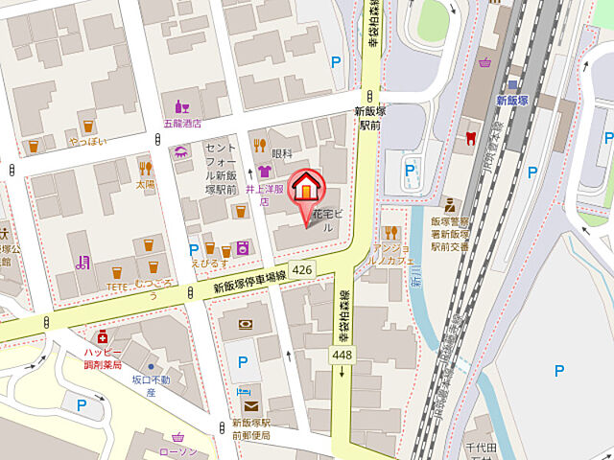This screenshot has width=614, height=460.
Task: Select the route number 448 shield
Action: coord(342,356)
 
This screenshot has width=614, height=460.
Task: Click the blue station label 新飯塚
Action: coord(512,100)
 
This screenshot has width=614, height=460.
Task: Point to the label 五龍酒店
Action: coord(181,123)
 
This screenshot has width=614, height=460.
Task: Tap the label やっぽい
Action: coord(87,141)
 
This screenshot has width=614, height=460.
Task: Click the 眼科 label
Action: coord(281,152)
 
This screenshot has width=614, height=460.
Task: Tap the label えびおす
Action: coord(208,262)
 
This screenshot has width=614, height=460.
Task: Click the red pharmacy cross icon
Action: coord(102,336)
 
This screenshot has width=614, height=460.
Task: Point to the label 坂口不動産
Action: coord(151,385)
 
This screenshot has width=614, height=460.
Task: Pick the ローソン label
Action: coord(177,451)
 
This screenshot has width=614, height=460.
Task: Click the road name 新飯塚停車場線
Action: coord(249,283)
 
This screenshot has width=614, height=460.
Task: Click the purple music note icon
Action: coord(83,262)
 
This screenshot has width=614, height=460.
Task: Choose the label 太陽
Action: coord(145,182)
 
